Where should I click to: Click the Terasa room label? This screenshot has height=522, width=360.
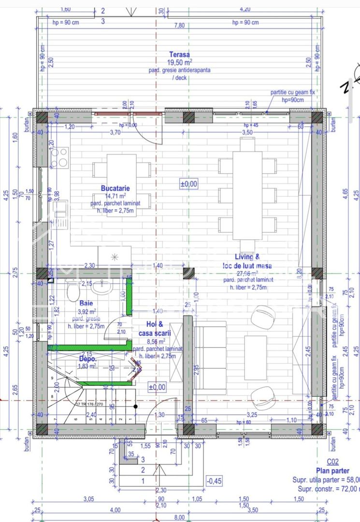[179, 55]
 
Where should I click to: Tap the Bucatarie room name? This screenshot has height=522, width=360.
[115, 188]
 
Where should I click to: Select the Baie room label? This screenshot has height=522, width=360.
[86, 304]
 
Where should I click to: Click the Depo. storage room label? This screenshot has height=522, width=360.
[87, 359]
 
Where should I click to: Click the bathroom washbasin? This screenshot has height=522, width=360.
[102, 288]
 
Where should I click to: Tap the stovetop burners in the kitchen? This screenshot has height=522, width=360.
[59, 158]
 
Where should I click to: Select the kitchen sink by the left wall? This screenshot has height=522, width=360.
[60, 210]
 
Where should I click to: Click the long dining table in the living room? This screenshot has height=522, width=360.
[247, 195]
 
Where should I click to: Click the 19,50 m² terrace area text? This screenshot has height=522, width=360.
[179, 62]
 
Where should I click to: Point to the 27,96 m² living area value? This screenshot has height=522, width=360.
[247, 273]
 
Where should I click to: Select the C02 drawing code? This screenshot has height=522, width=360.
[332, 462]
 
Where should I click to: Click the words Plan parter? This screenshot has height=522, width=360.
[332, 471]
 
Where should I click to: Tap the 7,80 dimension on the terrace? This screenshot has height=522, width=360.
[179, 25]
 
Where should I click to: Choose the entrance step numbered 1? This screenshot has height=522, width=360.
[143, 481]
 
